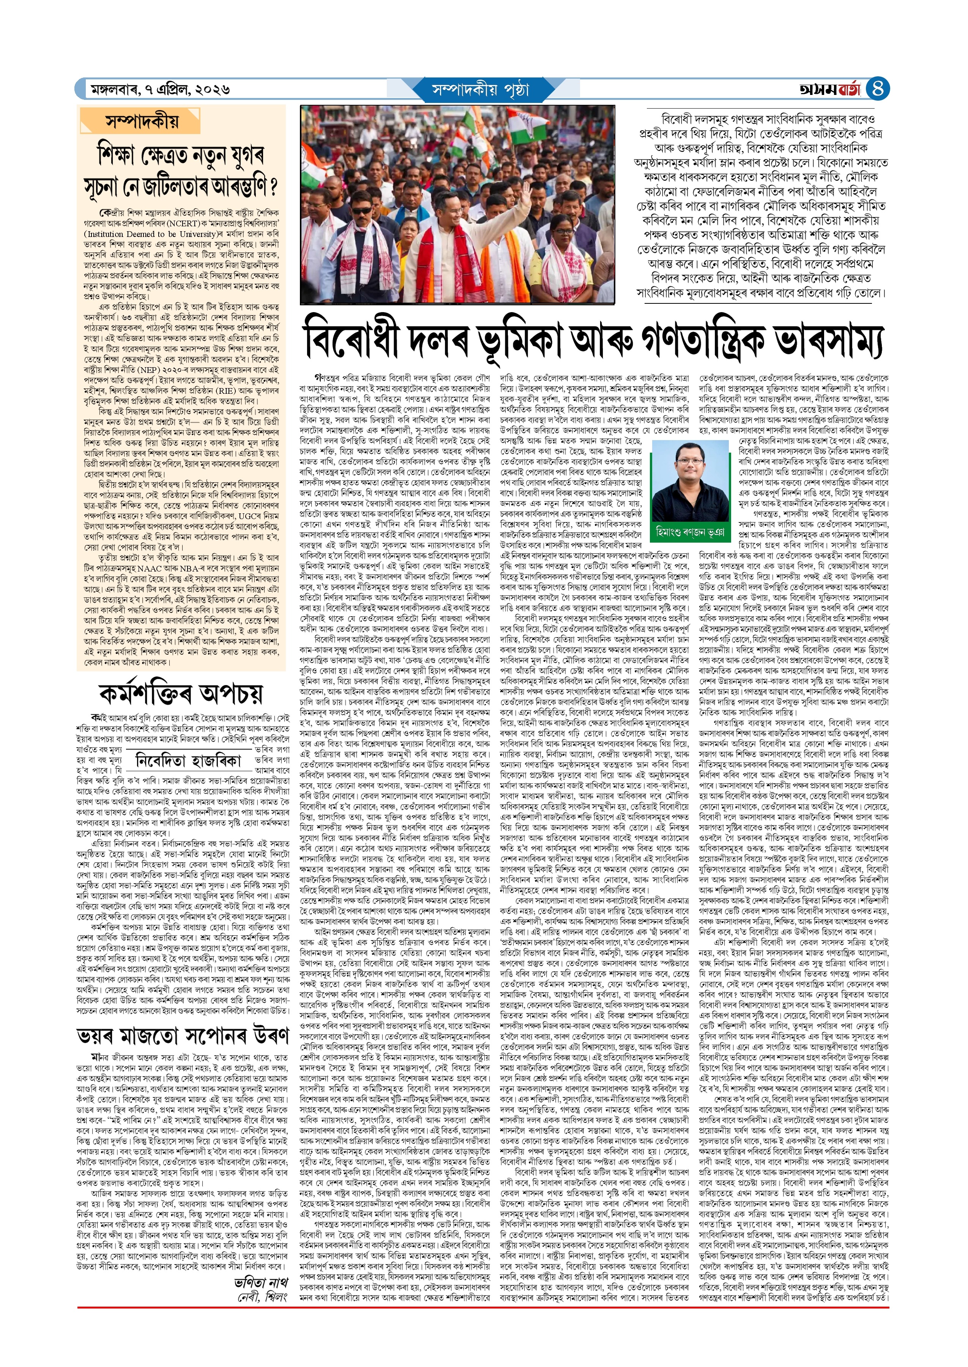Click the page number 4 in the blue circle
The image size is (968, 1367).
pos(877,89)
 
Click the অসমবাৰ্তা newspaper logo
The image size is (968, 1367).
pos(830,89)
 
